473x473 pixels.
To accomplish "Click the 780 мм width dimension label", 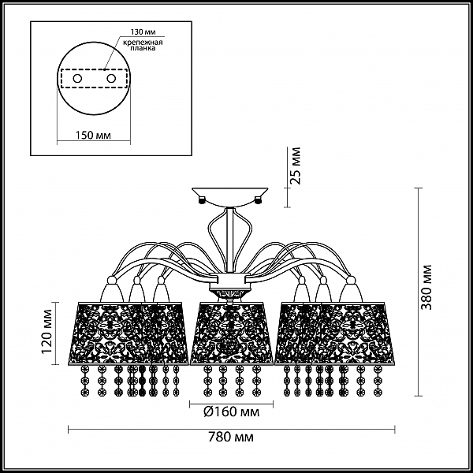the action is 231,437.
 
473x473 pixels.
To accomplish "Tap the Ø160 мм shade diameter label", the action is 231,412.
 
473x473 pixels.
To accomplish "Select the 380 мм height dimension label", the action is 426,288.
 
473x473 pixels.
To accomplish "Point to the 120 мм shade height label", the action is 47,332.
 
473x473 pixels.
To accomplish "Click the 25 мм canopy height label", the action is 295,166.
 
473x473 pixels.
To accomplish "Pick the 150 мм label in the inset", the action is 93,135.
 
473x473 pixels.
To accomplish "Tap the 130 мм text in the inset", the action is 143,32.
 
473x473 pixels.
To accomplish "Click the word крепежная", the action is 143,42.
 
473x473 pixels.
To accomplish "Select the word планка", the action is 143,48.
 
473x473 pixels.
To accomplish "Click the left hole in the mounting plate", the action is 77,79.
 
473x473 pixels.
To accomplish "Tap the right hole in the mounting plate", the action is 111,79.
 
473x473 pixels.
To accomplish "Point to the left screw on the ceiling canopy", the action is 202,199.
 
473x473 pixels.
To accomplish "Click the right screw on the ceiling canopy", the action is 259,199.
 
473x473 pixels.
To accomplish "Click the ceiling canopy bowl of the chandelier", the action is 230,196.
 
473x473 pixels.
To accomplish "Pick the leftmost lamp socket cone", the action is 112,289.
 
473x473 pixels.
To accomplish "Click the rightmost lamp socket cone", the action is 350,289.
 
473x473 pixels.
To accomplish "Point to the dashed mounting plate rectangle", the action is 93,79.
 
